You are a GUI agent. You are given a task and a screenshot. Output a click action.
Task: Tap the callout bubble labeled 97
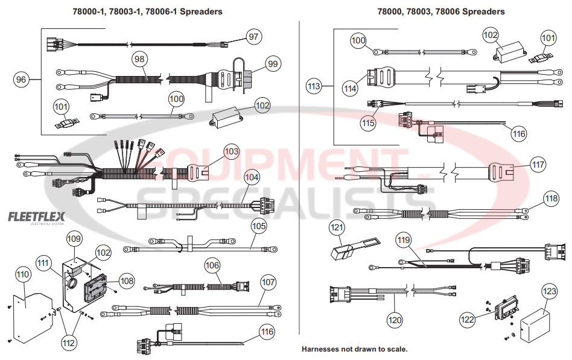(x=253, y=37)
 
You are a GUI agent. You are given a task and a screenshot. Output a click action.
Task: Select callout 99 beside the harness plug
(x=273, y=64)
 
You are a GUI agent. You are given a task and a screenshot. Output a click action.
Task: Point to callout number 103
(x=231, y=150)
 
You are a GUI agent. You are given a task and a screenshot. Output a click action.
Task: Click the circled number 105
(x=259, y=226)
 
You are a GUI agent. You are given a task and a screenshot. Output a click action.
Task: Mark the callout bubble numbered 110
(x=23, y=274)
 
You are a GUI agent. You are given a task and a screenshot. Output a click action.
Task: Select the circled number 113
(x=314, y=86)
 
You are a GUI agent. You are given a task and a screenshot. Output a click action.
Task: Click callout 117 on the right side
(x=538, y=164)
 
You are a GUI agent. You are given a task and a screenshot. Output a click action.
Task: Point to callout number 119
(x=404, y=239)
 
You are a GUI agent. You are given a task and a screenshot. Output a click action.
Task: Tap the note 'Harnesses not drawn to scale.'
(x=354, y=349)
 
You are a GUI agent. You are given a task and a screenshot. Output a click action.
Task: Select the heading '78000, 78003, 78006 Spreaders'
(x=441, y=11)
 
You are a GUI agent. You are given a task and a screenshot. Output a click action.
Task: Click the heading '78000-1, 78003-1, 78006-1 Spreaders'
(x=147, y=11)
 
